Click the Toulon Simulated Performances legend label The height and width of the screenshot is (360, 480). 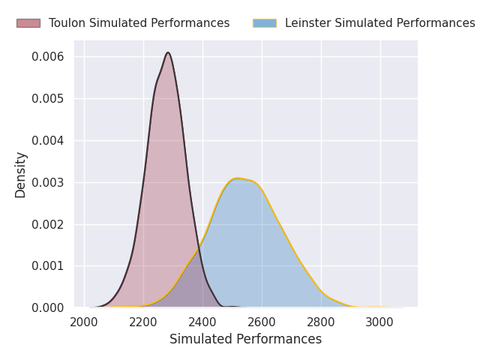click(x=139, y=23)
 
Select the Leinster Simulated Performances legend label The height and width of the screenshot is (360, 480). click(x=379, y=23)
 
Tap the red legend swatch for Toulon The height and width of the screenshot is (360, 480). click(x=28, y=23)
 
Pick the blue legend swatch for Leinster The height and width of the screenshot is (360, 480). click(x=265, y=23)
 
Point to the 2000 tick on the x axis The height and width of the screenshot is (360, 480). click(x=84, y=322)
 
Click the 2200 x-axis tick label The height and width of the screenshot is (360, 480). click(x=143, y=322)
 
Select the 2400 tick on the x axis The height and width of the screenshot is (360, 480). click(x=202, y=322)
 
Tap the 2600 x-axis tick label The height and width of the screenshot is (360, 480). click(x=262, y=322)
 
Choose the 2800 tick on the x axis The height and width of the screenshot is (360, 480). click(x=321, y=322)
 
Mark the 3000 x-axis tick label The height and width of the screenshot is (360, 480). click(x=380, y=322)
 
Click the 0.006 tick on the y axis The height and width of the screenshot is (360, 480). click(x=48, y=57)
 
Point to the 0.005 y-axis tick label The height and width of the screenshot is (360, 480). click(x=48, y=99)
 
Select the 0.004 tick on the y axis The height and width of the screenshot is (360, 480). click(x=48, y=141)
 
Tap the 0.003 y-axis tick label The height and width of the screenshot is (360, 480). click(x=48, y=183)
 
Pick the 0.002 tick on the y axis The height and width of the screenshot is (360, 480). click(x=48, y=224)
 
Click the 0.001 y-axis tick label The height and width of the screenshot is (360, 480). click(x=48, y=266)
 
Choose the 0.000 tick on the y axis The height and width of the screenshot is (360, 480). click(x=48, y=308)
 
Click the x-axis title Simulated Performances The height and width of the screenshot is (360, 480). click(x=245, y=340)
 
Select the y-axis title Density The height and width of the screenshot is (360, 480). click(x=21, y=175)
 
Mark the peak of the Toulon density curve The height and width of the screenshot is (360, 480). click(x=168, y=52)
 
